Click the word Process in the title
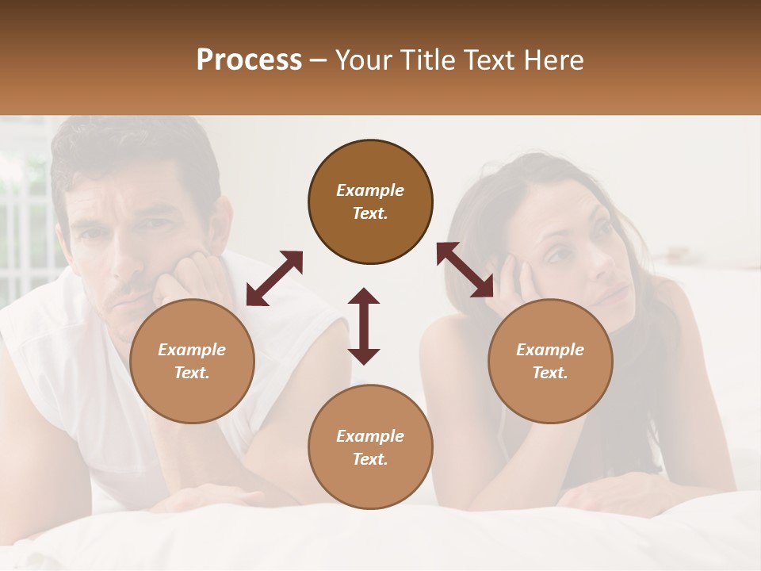point(249,60)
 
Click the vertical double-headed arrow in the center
point(364,326)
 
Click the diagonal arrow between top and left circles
point(274,278)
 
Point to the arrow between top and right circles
point(465,270)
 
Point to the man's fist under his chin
point(190,278)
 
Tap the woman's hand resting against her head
point(507,282)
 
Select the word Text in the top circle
point(370,213)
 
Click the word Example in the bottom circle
point(370,436)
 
